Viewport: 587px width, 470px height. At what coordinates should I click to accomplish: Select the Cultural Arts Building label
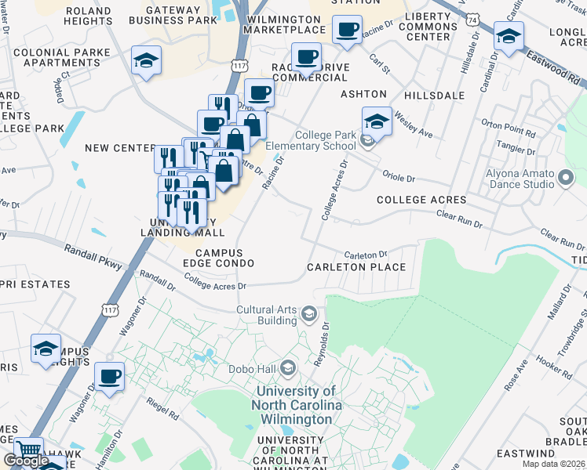267,315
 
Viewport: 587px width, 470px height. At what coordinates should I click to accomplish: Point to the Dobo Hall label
251,368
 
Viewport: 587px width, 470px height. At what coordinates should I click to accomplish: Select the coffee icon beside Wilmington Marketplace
346,31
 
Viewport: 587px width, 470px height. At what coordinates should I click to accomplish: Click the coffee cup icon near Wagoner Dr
109,377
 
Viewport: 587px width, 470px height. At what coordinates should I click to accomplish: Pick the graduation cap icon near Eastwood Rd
509,37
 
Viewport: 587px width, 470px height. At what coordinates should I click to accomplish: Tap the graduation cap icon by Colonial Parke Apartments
146,61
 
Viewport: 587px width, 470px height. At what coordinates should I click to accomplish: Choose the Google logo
26,461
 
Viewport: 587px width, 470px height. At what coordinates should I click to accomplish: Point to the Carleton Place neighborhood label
356,267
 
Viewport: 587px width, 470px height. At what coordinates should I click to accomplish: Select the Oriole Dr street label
398,178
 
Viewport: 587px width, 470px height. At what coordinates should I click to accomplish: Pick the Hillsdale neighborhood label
434,96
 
